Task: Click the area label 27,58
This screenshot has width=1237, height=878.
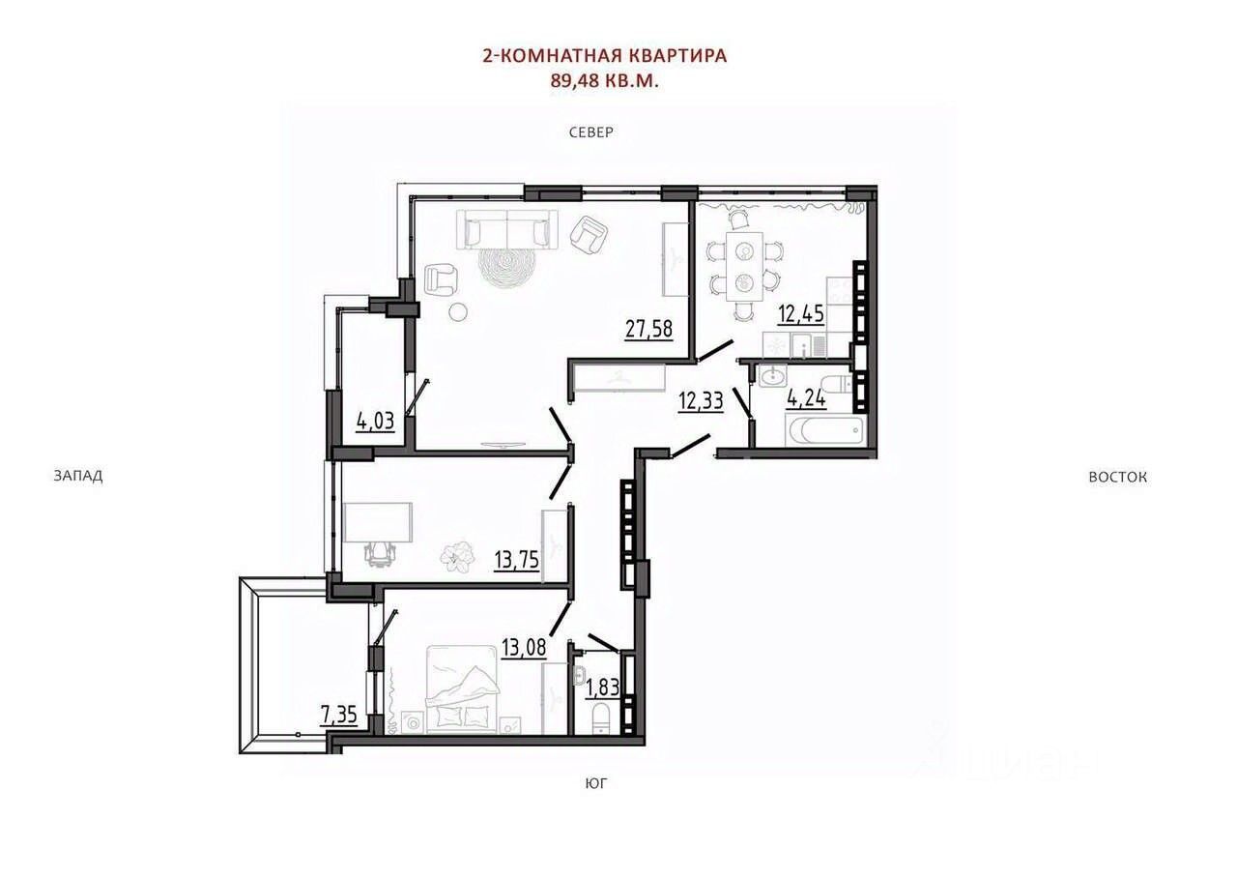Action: pyautogui.click(x=648, y=330)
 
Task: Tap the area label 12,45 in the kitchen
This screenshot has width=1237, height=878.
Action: pyautogui.click(x=801, y=314)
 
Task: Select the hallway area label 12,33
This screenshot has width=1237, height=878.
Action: pyautogui.click(x=701, y=400)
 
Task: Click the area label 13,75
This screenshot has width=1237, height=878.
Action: pyautogui.click(x=517, y=560)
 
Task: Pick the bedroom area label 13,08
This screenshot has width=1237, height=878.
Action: pyautogui.click(x=524, y=647)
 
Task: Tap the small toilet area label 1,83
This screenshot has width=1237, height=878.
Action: pyautogui.click(x=602, y=688)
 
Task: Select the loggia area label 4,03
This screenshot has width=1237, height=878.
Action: pyautogui.click(x=376, y=422)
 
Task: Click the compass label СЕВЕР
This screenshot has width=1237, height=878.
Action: pyautogui.click(x=591, y=132)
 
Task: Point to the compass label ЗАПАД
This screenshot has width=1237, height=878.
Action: pyautogui.click(x=78, y=476)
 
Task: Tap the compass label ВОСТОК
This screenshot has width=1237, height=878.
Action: pyautogui.click(x=1118, y=477)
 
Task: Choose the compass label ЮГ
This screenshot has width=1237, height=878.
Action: pyautogui.click(x=596, y=783)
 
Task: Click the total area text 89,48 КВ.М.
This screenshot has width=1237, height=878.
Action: pyautogui.click(x=605, y=81)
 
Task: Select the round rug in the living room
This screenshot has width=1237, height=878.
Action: pyautogui.click(x=506, y=268)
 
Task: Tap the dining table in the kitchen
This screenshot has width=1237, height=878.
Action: pyautogui.click(x=745, y=266)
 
